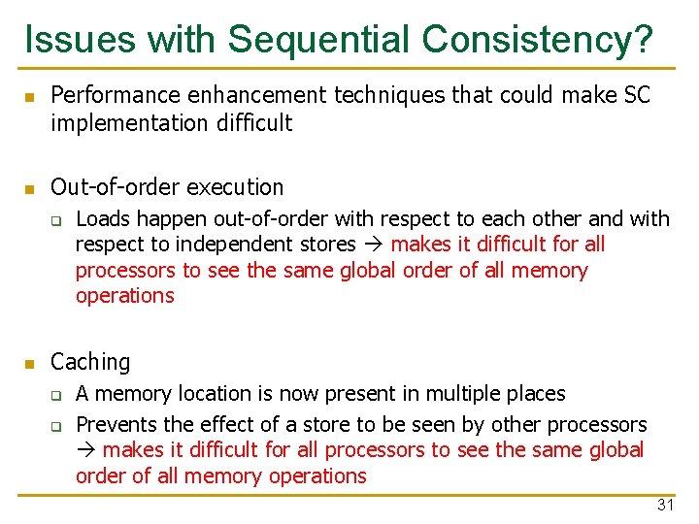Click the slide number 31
(x=665, y=505)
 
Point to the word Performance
(x=115, y=95)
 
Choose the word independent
(x=250, y=245)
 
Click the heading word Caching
(x=90, y=362)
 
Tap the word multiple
(x=443, y=393)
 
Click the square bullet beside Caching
(x=30, y=364)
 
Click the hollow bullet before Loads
(x=57, y=220)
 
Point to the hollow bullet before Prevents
(x=57, y=425)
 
